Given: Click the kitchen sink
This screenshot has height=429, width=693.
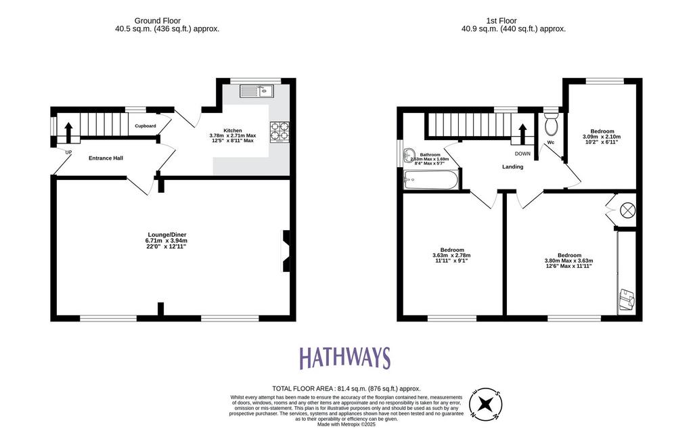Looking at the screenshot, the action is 256,91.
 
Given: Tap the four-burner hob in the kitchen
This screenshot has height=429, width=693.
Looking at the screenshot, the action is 280,132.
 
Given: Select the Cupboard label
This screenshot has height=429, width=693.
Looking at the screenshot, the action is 146,126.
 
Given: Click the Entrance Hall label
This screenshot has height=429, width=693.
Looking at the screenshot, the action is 106,158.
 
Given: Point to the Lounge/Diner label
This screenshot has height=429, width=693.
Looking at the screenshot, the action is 167,235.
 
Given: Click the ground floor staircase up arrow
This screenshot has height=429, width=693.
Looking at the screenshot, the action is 68,133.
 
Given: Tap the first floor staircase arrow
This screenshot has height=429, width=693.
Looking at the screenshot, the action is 522,133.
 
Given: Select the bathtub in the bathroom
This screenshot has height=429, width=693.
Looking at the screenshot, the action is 431,180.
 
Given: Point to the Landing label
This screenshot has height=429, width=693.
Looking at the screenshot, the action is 513,166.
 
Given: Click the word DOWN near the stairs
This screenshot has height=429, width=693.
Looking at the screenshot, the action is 522,154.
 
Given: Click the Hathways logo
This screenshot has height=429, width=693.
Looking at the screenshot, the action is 345,357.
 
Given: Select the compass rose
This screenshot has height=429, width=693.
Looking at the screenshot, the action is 486,404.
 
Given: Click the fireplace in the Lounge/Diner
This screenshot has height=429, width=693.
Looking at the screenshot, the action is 286,251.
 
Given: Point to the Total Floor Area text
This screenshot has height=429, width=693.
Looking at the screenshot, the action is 346,389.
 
